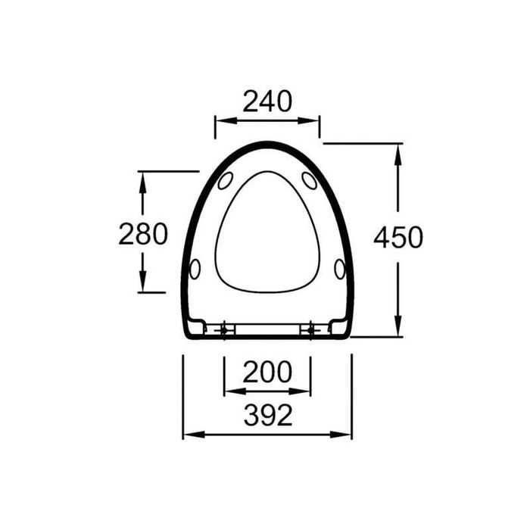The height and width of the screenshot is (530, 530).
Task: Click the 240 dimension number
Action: (x=267, y=101)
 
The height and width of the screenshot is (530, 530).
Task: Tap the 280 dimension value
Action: (x=143, y=235)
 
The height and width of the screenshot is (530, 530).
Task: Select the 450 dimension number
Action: (x=398, y=238)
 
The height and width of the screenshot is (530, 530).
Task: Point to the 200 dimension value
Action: (x=267, y=373)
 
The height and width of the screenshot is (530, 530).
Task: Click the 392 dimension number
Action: (x=267, y=415)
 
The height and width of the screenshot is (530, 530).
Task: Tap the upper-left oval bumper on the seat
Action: (x=225, y=181)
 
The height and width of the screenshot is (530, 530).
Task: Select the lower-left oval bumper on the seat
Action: (x=195, y=268)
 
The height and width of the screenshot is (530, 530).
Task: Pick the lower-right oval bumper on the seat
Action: (x=339, y=268)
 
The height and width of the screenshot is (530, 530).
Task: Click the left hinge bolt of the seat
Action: (x=225, y=329)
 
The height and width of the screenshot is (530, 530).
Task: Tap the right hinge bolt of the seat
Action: (x=310, y=329)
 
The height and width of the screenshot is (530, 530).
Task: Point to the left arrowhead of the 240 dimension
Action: (x=219, y=119)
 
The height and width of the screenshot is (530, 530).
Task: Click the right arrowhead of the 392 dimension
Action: (x=348, y=435)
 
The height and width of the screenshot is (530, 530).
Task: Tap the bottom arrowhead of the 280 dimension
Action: (x=142, y=287)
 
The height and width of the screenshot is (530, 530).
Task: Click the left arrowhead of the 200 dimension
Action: (x=228, y=391)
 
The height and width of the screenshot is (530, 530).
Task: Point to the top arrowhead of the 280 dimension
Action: (x=142, y=176)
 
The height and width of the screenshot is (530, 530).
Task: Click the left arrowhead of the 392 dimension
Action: (x=186, y=435)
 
